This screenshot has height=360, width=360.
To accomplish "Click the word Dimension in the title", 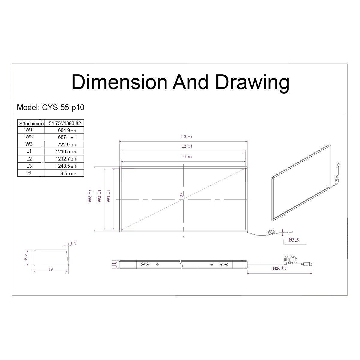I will (x=119, y=82).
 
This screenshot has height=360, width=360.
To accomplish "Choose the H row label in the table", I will (x=29, y=173).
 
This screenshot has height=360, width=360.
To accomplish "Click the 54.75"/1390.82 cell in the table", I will (x=64, y=123).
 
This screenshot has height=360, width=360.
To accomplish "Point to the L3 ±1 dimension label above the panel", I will (x=187, y=137).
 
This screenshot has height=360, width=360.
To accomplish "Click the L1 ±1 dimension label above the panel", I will (x=187, y=157).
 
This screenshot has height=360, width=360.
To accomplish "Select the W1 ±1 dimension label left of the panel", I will (x=109, y=196).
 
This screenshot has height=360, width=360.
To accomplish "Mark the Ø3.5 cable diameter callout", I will (x=294, y=240).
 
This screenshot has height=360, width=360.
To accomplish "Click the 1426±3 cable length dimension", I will (x=279, y=268).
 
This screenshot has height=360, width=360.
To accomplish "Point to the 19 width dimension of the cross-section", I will (x=50, y=269).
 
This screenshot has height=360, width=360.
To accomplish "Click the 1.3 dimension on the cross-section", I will (x=73, y=243).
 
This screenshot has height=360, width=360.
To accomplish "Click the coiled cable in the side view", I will (x=290, y=260).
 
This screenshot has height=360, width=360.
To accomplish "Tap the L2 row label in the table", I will (x=29, y=159).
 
